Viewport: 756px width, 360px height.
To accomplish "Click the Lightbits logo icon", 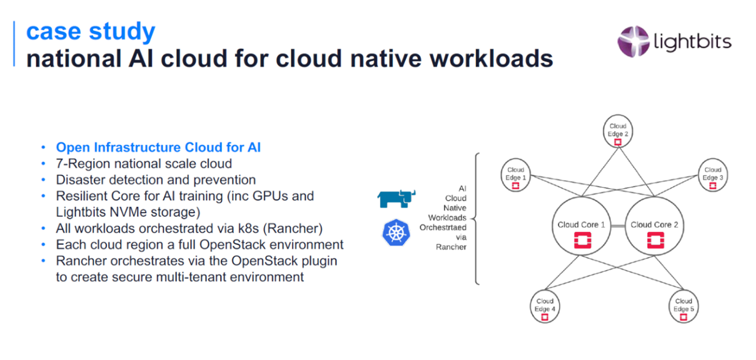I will click(x=632, y=41).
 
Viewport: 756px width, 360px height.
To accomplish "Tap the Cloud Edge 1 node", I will click(x=516, y=176).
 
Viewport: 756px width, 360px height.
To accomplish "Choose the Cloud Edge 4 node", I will click(x=544, y=306).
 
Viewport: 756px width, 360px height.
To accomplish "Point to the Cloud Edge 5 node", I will click(x=683, y=306).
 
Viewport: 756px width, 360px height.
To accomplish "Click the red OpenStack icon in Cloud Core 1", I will click(x=582, y=240).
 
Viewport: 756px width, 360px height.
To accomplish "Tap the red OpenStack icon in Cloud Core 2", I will click(x=655, y=240).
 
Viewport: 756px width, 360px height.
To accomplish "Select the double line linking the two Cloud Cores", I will click(x=618, y=225).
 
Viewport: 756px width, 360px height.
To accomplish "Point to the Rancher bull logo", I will click(x=396, y=198).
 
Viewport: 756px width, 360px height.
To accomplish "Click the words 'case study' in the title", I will click(x=91, y=31).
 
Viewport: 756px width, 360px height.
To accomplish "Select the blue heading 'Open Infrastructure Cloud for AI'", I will click(x=158, y=147).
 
